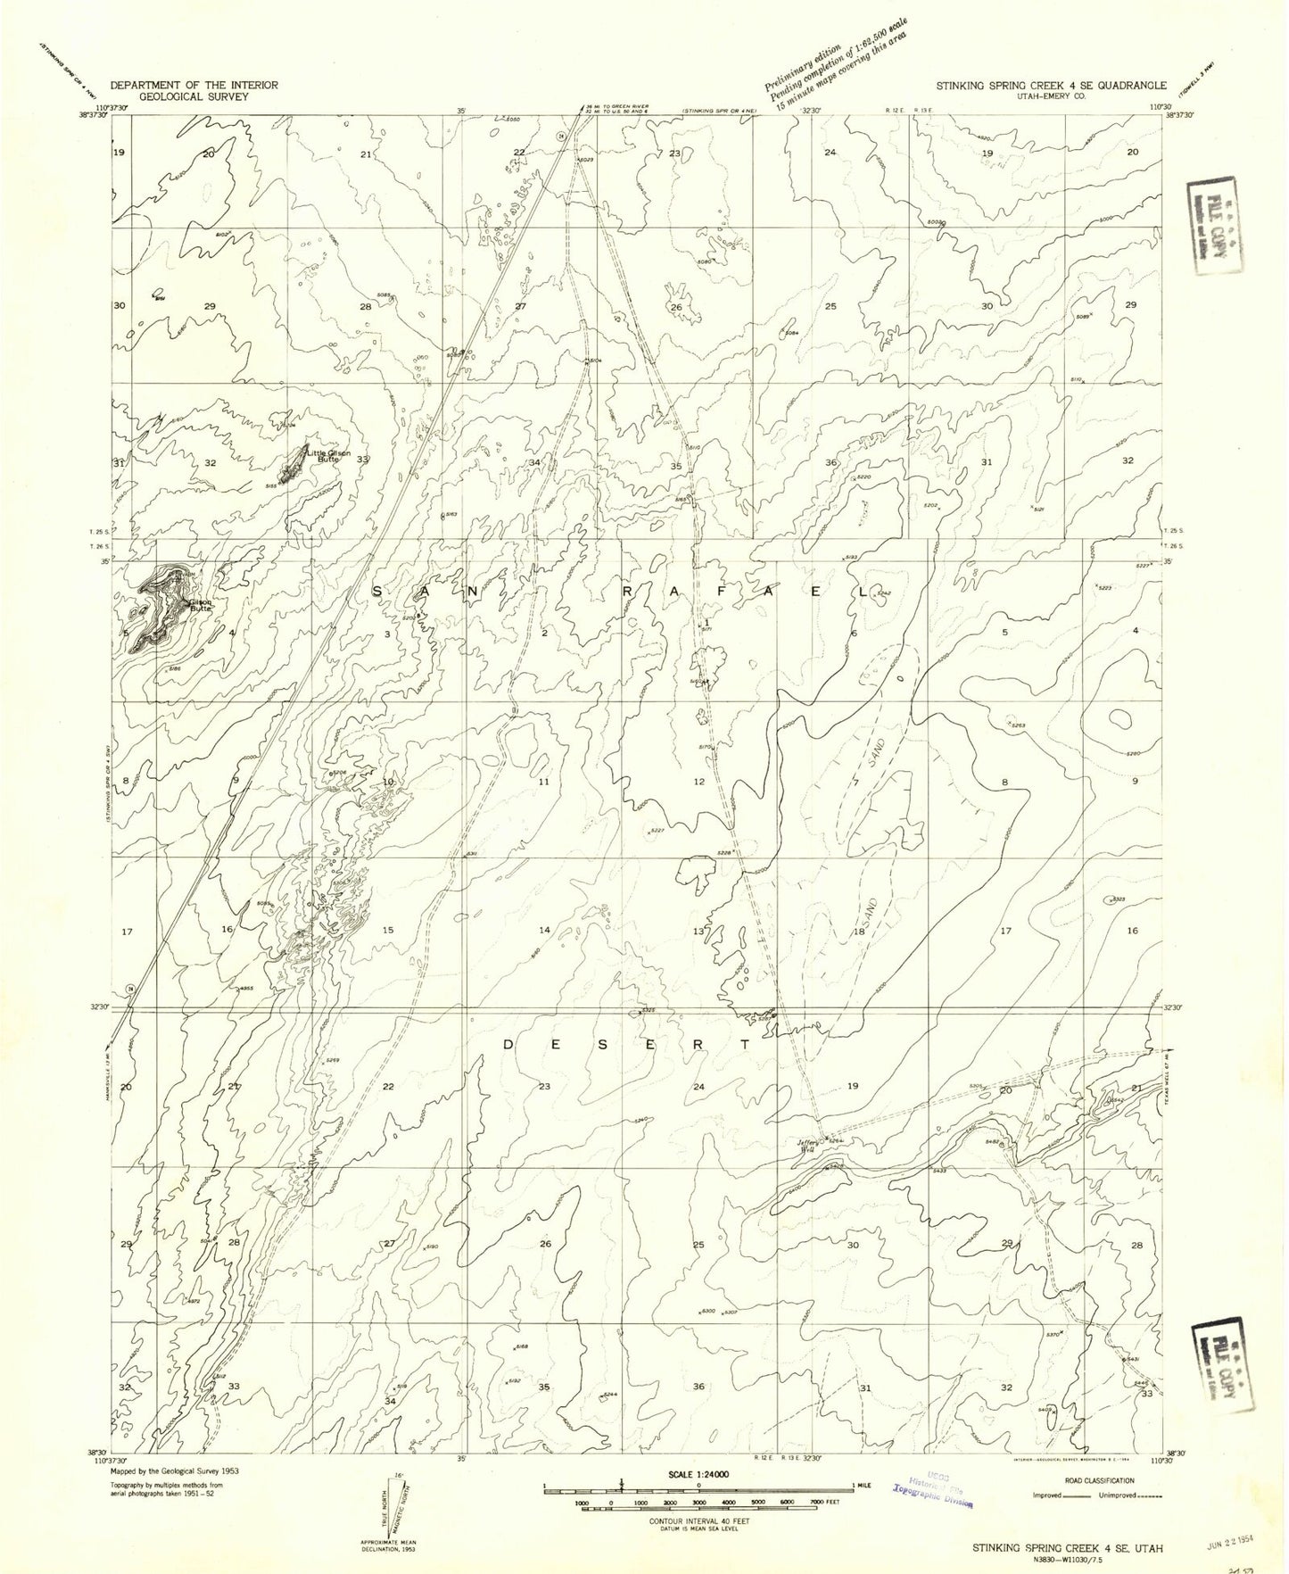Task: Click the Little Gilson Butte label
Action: pos(327,455)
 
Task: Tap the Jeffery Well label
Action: pos(806,1147)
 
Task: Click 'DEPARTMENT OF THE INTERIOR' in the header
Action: pos(194,86)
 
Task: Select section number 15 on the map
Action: pos(387,931)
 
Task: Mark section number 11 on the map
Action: pos(543,782)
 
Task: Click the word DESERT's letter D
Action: pos(508,1044)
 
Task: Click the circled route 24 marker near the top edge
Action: pos(562,136)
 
